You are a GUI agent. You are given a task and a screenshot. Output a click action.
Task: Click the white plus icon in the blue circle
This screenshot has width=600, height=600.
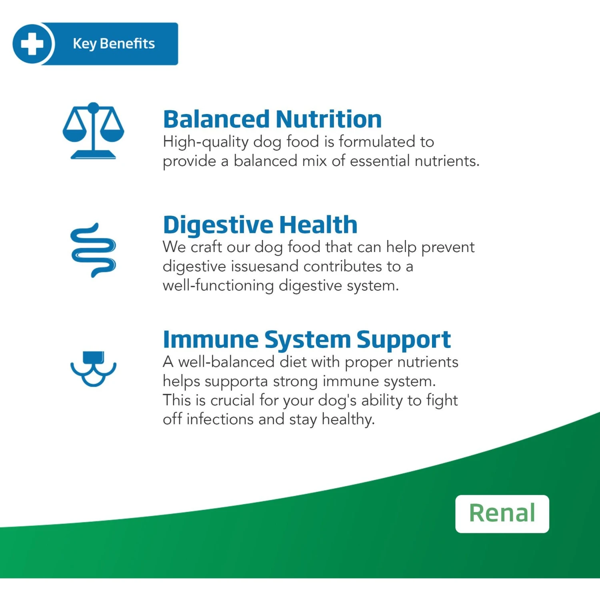coord(32,44)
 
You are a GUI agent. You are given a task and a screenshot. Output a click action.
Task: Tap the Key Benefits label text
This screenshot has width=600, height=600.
coord(114,44)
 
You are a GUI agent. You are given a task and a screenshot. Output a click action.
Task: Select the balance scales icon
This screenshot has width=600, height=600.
coord(93,131)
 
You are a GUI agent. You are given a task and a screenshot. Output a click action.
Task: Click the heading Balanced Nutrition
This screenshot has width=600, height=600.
coord(272,119)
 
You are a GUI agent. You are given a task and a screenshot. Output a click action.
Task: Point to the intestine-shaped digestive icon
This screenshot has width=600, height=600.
coord(93,250)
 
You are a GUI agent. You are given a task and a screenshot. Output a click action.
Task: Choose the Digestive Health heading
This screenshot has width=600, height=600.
coord(260,224)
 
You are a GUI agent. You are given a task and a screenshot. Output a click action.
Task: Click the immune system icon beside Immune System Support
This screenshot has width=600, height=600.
coord(93,368)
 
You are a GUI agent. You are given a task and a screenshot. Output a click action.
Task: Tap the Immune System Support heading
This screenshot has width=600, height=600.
coord(307,340)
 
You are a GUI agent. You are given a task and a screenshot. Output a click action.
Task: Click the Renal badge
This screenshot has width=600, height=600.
coord(502,514)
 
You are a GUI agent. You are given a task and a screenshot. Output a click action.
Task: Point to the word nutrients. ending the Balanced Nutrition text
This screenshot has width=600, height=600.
coord(447,161)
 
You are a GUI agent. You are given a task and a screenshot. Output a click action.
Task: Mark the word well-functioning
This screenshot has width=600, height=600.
coord(218,286)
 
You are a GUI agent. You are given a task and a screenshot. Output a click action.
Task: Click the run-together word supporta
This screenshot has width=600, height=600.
coord(236,382)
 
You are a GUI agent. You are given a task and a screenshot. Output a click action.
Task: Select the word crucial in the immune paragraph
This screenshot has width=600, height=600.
coord(232,400)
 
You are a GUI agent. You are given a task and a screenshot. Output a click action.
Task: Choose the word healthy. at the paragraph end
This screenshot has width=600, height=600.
coord(348,420)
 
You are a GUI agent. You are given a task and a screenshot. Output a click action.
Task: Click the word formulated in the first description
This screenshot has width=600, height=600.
coord(377,142)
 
